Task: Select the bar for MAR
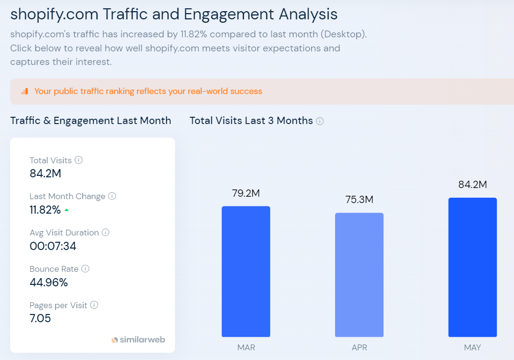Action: [x=246, y=271]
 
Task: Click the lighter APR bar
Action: [x=359, y=275]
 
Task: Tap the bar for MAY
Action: [x=472, y=267]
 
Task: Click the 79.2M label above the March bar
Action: [x=246, y=193]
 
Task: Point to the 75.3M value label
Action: [x=359, y=200]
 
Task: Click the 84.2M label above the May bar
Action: [x=472, y=185]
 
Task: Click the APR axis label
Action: [x=359, y=348]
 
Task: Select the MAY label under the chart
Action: [x=472, y=348]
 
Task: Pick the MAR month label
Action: [x=246, y=348]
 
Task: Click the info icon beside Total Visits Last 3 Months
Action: [x=320, y=121]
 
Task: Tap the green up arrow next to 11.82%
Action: [x=66, y=210]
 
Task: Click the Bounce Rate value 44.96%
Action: [x=48, y=282]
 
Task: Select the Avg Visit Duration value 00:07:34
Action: [x=53, y=246]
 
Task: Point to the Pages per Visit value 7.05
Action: [x=40, y=318]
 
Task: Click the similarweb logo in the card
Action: [x=138, y=340]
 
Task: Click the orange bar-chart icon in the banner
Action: [x=24, y=91]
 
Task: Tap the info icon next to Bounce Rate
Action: [x=85, y=269]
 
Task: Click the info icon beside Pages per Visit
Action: [x=94, y=305]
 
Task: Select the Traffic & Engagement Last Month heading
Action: [x=91, y=121]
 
